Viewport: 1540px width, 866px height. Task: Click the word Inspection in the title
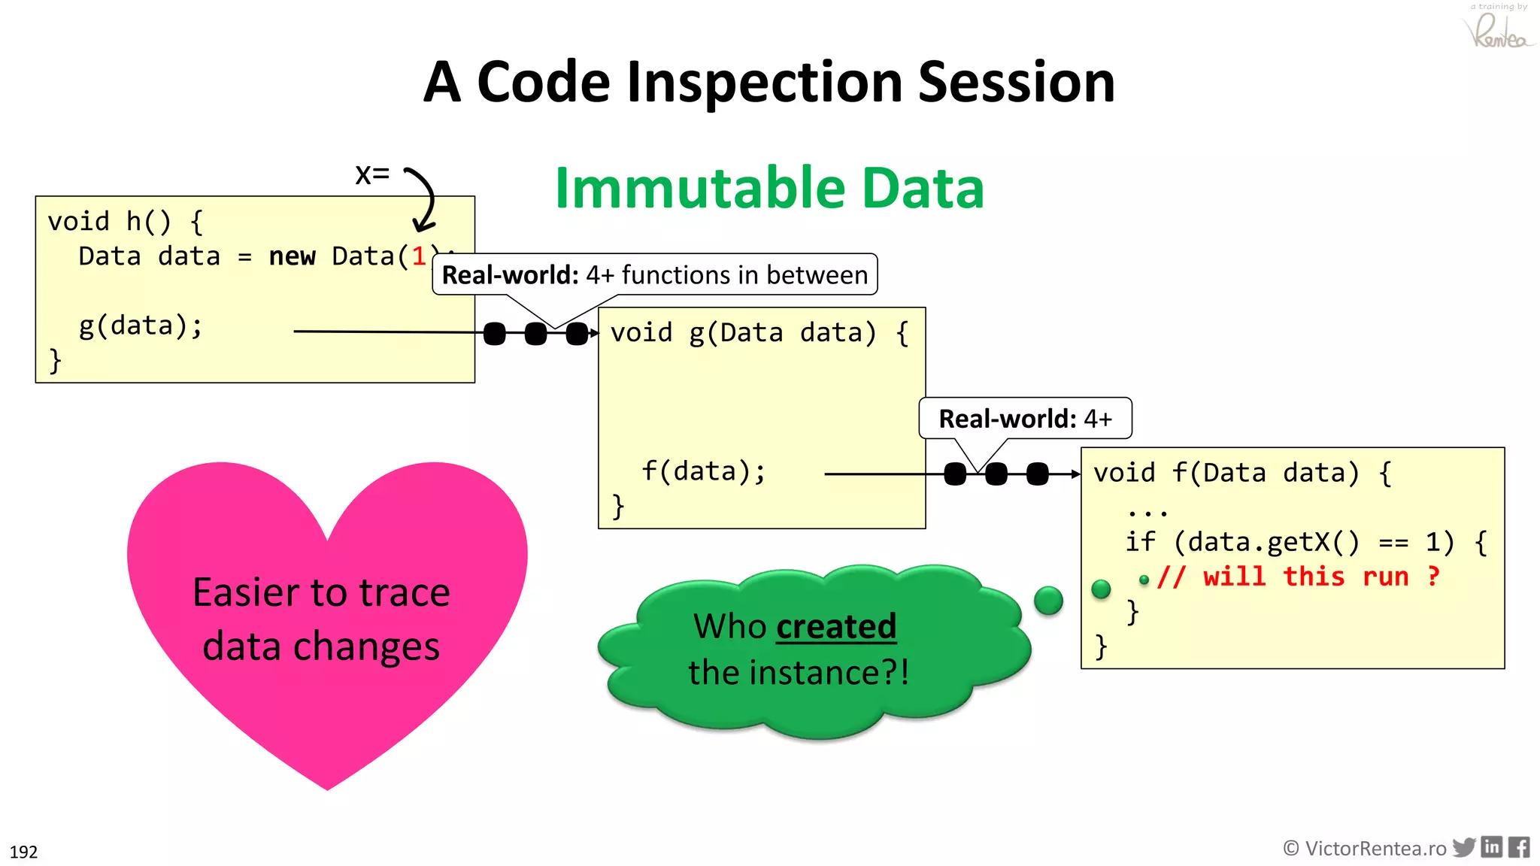point(764,83)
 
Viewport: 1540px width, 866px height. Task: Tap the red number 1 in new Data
point(419,256)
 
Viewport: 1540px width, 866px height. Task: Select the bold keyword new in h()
point(292,256)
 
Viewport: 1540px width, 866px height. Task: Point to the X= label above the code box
point(372,174)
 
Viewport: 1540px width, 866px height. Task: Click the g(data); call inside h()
point(141,326)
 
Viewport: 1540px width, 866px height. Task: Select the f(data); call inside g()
point(703,471)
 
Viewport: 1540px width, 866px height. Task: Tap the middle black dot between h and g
point(535,333)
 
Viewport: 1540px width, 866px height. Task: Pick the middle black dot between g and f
point(996,474)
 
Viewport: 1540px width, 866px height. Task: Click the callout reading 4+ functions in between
point(654,275)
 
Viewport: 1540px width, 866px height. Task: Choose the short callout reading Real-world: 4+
point(1025,419)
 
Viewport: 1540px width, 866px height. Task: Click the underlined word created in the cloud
point(836,626)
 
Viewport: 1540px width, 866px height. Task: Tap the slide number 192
point(23,852)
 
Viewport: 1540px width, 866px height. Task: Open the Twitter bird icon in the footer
point(1464,848)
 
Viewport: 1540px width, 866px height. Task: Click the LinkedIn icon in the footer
point(1492,847)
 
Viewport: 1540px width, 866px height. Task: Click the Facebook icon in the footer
point(1519,847)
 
